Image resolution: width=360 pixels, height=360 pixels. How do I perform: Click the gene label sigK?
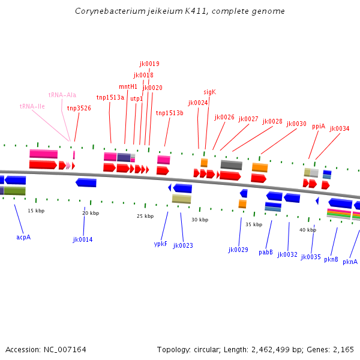click(209, 92)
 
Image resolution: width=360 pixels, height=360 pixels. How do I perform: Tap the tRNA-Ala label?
click(62, 95)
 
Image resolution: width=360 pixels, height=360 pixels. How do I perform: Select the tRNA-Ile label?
click(32, 106)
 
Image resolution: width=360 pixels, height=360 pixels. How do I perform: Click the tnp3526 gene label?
click(79, 108)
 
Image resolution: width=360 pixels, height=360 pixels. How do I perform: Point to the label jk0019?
click(149, 64)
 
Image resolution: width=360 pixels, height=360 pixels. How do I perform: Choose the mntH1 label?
click(128, 86)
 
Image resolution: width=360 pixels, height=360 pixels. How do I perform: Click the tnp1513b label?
click(170, 113)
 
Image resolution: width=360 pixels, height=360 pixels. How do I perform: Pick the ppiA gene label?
click(319, 126)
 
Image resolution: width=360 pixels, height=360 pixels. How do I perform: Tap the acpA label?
click(23, 237)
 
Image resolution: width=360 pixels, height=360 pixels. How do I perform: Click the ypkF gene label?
click(161, 244)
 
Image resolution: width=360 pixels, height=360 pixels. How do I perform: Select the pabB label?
click(266, 252)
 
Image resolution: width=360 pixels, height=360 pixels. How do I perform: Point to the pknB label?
click(331, 260)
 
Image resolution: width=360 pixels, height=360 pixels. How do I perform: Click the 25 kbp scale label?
click(145, 216)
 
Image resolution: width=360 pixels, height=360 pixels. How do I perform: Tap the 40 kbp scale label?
click(308, 230)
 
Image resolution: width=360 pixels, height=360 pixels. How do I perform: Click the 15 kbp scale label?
click(36, 211)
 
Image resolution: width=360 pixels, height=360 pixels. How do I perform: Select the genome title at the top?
click(180, 11)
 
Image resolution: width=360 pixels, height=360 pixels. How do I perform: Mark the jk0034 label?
click(340, 128)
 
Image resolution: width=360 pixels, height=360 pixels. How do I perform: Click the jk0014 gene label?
click(83, 239)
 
